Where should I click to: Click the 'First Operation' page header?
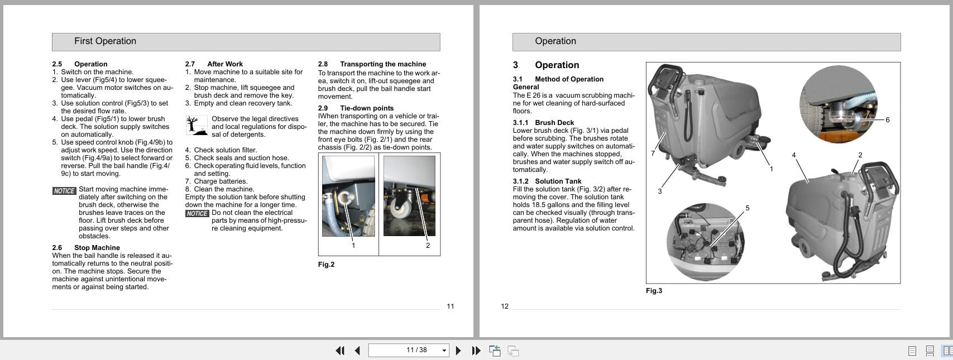(106, 41)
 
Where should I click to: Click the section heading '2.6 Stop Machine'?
(86, 248)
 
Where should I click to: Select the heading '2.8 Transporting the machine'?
(372, 64)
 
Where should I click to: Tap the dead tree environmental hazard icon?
(196, 126)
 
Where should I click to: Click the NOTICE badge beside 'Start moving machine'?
(64, 191)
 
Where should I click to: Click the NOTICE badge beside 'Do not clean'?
(197, 214)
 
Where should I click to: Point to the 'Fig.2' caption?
(326, 265)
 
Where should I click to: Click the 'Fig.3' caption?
(654, 291)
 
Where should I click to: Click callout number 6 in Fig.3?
(888, 120)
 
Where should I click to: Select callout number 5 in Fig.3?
(748, 208)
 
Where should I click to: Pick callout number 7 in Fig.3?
(653, 153)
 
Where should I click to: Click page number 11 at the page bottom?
(451, 306)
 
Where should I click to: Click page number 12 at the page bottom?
(505, 306)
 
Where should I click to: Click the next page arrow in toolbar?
(458, 351)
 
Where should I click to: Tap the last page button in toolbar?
(476, 351)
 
